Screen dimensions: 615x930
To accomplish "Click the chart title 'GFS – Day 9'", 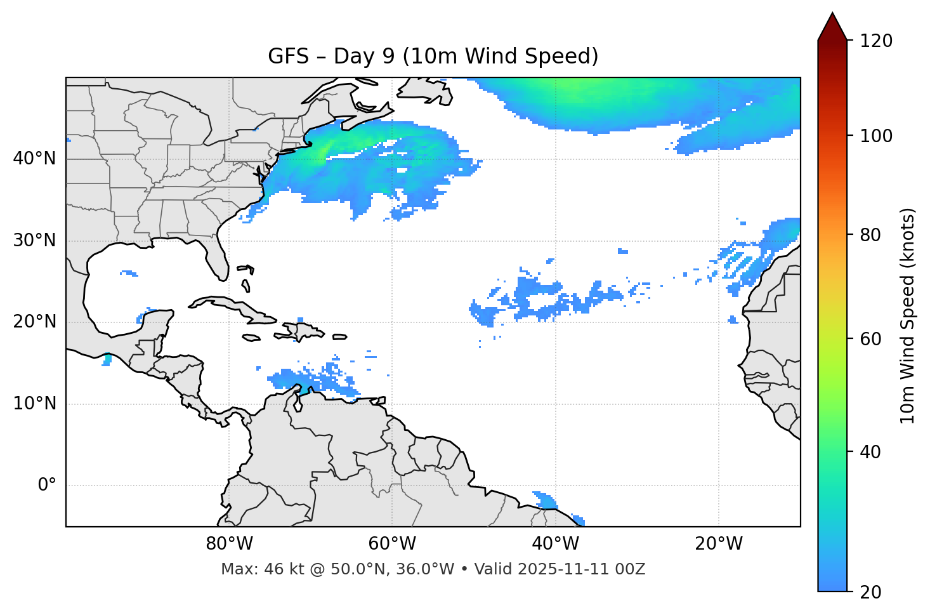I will [x=433, y=56].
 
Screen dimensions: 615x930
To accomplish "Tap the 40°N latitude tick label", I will [x=34, y=159].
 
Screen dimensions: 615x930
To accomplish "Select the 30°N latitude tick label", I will [x=34, y=241].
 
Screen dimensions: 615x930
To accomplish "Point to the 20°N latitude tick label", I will [x=34, y=322].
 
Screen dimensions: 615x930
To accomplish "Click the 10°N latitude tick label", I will [x=34, y=404].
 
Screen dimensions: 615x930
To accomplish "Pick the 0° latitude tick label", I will [x=47, y=486].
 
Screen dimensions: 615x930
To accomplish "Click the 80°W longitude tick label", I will [x=229, y=544].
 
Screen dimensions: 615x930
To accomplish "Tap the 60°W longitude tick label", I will [x=392, y=544].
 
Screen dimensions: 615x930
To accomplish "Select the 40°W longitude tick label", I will [x=555, y=544].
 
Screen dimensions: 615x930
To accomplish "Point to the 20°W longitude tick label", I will [x=718, y=544].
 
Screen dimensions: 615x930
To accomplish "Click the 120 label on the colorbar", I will [x=876, y=41].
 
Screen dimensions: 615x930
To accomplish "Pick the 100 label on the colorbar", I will [x=876, y=136].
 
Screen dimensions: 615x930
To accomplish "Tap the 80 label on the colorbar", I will [x=872, y=235].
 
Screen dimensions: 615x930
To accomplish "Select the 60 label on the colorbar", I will [x=872, y=339].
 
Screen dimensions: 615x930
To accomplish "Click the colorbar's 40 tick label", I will [x=872, y=452].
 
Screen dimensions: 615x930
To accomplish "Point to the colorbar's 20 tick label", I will [x=872, y=592].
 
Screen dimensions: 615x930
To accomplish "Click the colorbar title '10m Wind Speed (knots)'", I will [x=908, y=315].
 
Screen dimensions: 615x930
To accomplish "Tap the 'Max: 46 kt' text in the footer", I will [x=249, y=569].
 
